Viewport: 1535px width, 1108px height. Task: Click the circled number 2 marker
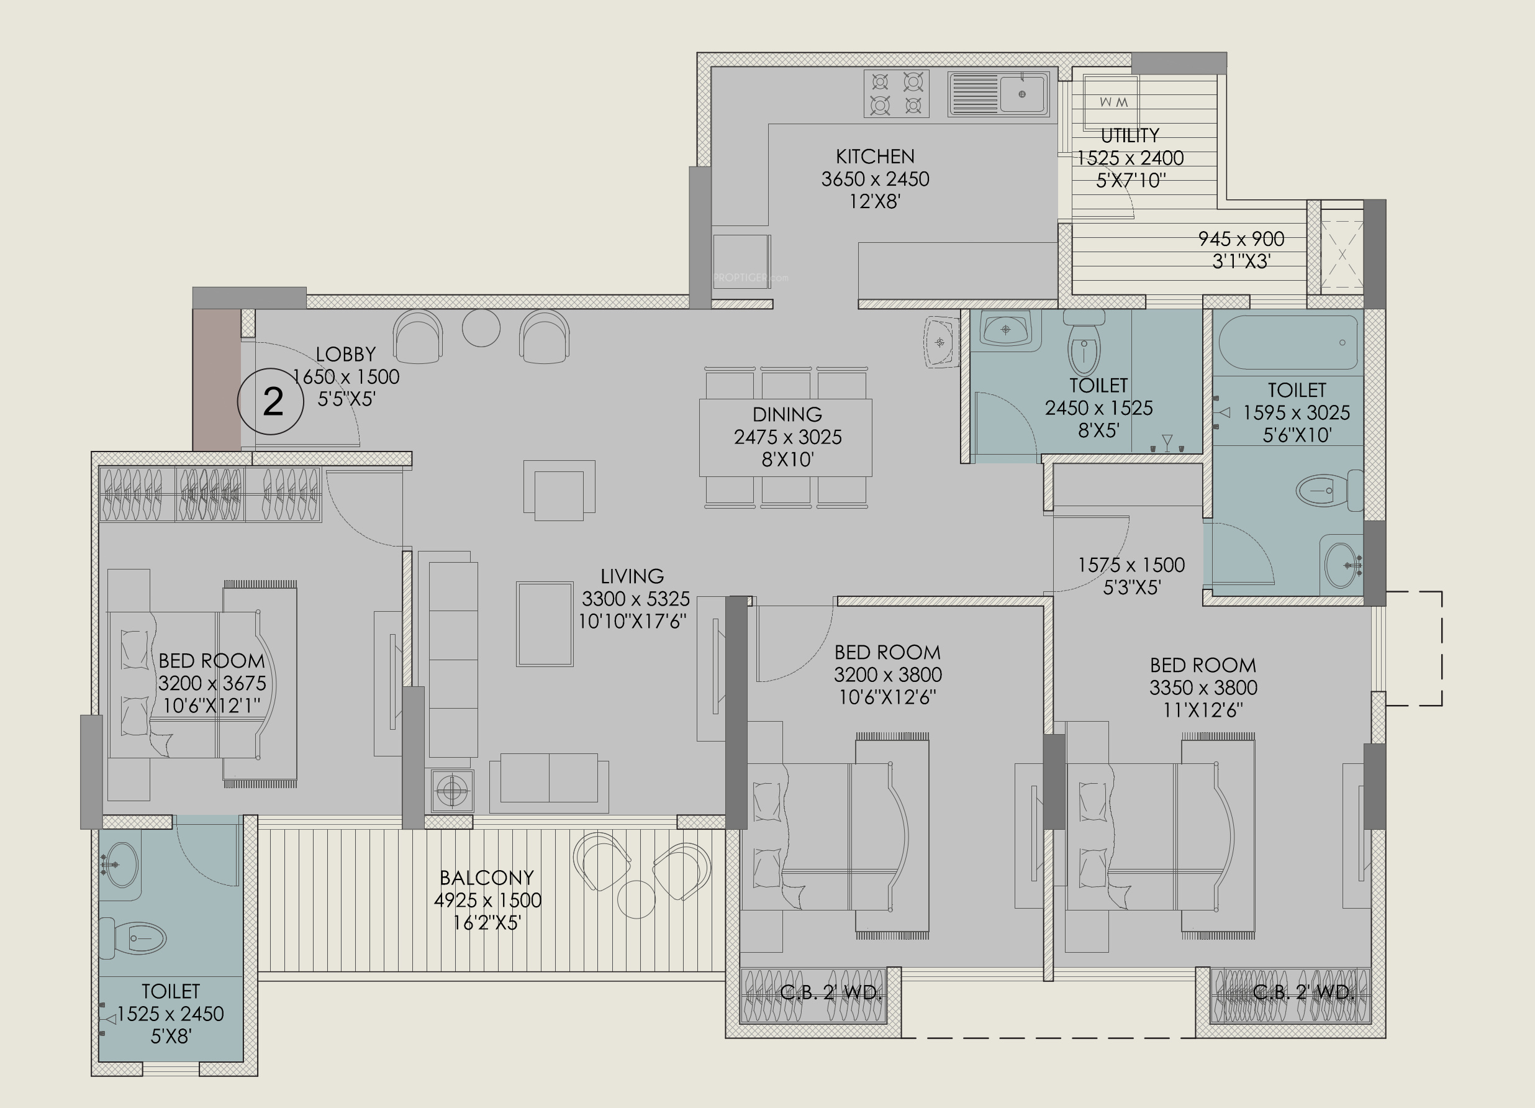(271, 401)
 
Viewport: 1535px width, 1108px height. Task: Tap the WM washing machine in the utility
(1111, 101)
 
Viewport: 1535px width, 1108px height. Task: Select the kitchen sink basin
(1023, 94)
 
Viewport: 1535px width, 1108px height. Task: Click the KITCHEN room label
(875, 157)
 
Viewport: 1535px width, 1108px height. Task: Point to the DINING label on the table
(787, 414)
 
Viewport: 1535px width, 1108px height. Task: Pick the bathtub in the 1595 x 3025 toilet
(1288, 342)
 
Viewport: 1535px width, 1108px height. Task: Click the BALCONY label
(487, 878)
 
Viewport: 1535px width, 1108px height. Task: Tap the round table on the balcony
(636, 899)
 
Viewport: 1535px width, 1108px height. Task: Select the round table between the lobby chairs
(481, 327)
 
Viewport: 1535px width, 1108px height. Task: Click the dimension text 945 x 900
(1241, 239)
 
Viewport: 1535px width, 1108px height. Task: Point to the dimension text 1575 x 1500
(1131, 565)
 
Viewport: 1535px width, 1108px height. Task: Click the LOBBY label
(346, 354)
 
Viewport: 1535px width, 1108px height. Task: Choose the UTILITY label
(1130, 135)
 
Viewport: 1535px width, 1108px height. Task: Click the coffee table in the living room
(545, 624)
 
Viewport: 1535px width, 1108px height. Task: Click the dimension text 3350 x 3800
(1203, 688)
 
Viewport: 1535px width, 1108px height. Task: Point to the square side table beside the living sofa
(452, 789)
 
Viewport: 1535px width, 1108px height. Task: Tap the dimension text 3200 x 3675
(212, 683)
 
